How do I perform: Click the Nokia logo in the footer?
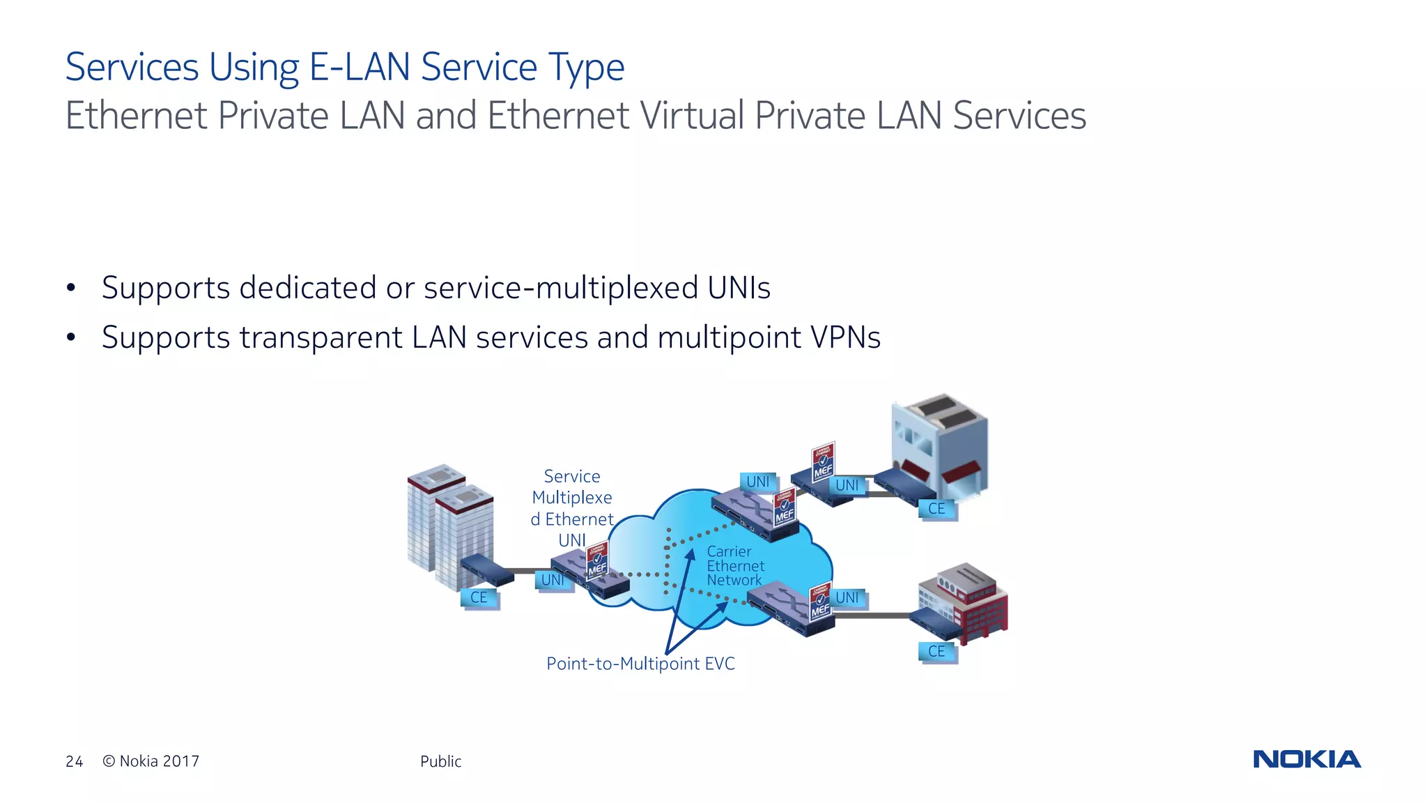(1306, 759)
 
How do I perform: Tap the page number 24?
(74, 761)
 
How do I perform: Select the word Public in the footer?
(440, 761)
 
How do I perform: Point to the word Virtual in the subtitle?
(692, 116)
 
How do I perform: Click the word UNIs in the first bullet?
(739, 288)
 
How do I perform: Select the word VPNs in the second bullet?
(845, 337)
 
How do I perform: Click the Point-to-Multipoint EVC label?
(640, 664)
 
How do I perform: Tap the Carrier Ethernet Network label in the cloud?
(734, 566)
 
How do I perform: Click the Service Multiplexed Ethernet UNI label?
(572, 507)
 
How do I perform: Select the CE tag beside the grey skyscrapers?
(479, 597)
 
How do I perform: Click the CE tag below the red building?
(936, 651)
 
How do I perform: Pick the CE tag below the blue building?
(936, 509)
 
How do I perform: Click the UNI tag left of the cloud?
(553, 580)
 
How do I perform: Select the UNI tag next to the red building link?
(847, 597)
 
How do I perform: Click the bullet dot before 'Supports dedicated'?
(70, 289)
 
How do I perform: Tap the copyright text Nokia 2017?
(151, 761)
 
